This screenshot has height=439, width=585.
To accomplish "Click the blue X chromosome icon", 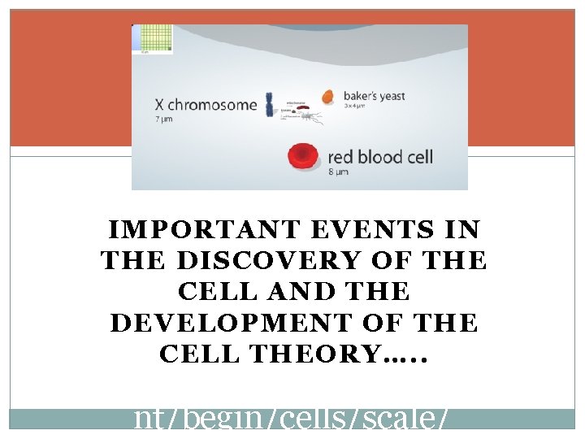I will tap(271, 104).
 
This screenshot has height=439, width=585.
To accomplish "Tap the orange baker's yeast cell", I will tap(328, 97).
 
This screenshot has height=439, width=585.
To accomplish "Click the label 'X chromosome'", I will tap(206, 105).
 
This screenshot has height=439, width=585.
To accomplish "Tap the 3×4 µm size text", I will tap(355, 107).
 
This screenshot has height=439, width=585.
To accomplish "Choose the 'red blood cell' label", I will tap(380, 156).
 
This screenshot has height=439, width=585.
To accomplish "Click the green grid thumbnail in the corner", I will tap(154, 39).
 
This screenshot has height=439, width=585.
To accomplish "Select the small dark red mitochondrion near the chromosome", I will tap(301, 107).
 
